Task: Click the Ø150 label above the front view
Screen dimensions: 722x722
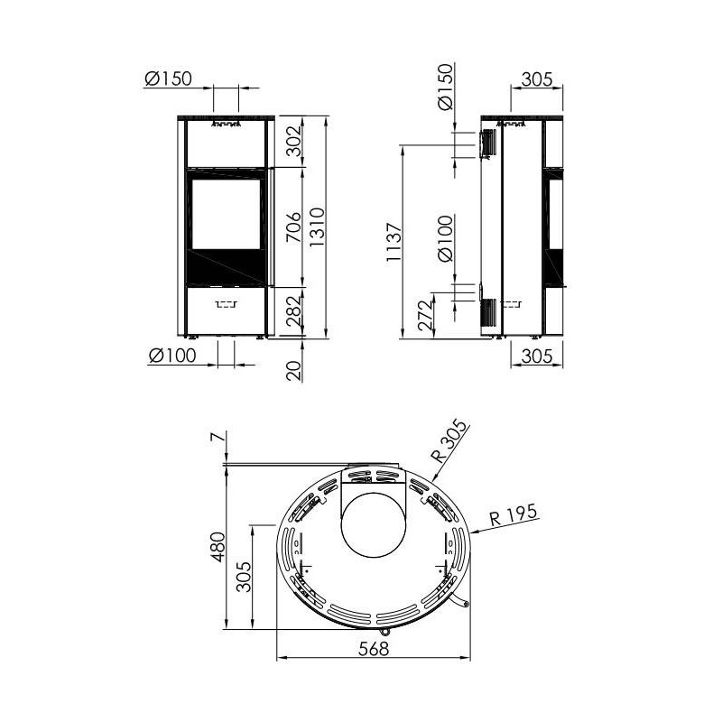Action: coord(168,79)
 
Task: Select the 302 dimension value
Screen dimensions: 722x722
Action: coord(293,141)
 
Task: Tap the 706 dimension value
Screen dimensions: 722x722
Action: coord(293,227)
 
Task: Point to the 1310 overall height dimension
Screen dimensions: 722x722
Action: coord(318,227)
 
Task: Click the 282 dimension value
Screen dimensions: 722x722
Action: coord(293,310)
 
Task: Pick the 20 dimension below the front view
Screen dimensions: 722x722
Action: coord(294,370)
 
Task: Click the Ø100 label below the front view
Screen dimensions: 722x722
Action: coord(172,356)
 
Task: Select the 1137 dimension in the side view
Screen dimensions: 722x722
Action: coord(394,242)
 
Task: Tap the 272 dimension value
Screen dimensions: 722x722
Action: coord(426,315)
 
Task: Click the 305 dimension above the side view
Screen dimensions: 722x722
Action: coord(537,79)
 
